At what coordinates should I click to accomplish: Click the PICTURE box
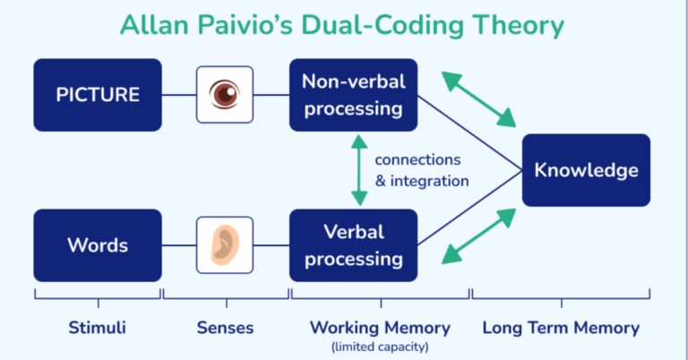click(98, 94)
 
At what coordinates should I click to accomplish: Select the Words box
click(98, 244)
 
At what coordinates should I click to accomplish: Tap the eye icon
click(225, 94)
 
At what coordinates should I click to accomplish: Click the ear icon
click(225, 244)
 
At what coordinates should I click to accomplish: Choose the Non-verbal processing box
click(353, 94)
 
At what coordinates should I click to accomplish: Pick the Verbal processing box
click(353, 244)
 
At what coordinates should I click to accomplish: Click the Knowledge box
click(586, 170)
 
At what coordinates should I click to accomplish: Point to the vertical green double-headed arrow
click(358, 170)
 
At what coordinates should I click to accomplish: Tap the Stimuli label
click(98, 328)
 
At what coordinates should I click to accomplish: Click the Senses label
click(225, 328)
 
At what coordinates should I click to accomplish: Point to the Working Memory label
click(379, 328)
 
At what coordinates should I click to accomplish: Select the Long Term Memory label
click(561, 328)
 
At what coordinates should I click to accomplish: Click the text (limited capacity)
click(379, 346)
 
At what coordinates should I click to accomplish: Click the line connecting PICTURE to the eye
click(179, 94)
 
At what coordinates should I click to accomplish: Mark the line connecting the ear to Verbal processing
click(271, 244)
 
